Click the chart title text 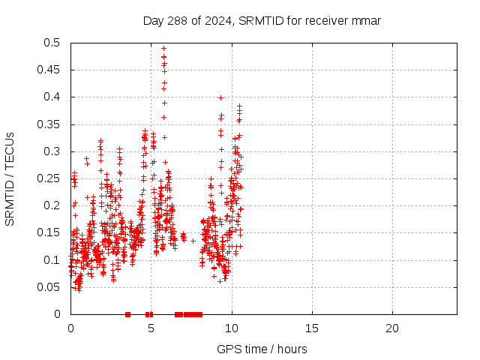[x=262, y=21]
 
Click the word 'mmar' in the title [x=366, y=21]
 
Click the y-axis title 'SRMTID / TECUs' [x=10, y=178]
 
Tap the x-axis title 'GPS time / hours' [x=262, y=349]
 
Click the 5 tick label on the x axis [x=151, y=328]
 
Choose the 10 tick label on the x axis [x=232, y=328]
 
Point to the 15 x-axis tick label [x=312, y=328]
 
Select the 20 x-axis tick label [x=392, y=328]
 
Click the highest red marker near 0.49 [x=163, y=48]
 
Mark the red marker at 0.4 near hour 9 [x=220, y=97]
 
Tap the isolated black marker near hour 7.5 [x=193, y=241]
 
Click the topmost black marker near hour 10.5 [x=240, y=106]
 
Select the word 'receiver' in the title [x=329, y=21]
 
